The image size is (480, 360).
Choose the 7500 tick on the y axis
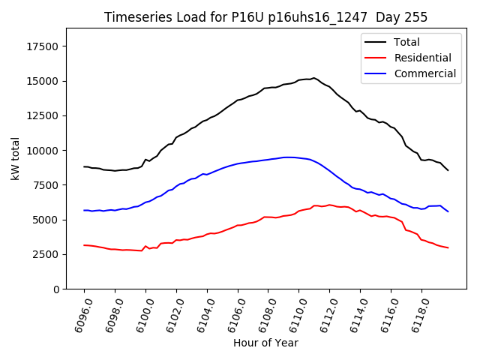pyautogui.click(x=47, y=185)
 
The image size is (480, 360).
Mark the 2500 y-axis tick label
pyautogui.click(x=47, y=254)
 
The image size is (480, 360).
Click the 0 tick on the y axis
pyautogui.click(x=57, y=289)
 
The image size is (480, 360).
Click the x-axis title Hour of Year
pyautogui.click(x=265, y=343)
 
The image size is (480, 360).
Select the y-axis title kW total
pyautogui.click(x=15, y=159)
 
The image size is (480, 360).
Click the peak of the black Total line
pyautogui.click(x=313, y=77)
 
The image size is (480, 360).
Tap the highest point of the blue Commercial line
pyautogui.click(x=287, y=157)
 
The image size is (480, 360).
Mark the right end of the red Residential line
pyautogui.click(x=448, y=247)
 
